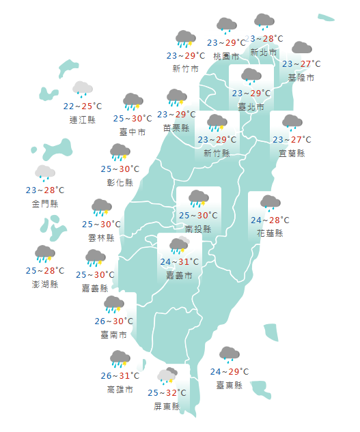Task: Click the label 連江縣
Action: coord(83,119)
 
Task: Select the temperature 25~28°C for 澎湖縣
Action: coord(45,270)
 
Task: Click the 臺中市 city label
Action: coord(133,132)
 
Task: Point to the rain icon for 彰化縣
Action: coord(120,152)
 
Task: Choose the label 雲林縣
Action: coord(101,237)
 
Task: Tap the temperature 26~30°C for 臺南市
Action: coord(113,321)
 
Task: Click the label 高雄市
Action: coord(120,390)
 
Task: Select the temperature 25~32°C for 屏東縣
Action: coord(167,392)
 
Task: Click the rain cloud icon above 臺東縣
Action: coord(230,354)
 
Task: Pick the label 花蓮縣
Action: coord(270,233)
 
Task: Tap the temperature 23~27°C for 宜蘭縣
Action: coord(292,140)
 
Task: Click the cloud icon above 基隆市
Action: coord(301,48)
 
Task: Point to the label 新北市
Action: coord(264,52)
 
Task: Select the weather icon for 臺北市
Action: coord(251,76)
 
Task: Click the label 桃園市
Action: coord(226,55)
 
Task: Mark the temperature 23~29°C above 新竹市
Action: coord(186,55)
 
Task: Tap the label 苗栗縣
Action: coord(176,127)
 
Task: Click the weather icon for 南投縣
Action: coord(199,199)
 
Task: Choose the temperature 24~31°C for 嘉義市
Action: coord(180,261)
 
